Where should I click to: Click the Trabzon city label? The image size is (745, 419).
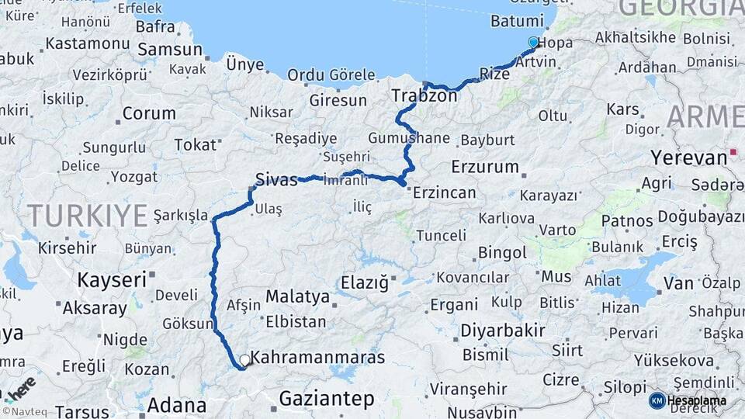point(424,96)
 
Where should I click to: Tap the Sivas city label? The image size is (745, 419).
point(276,180)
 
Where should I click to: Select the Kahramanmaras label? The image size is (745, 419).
point(319,358)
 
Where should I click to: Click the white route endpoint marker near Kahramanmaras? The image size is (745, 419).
point(244,360)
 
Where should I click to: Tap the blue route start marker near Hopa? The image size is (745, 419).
point(533,42)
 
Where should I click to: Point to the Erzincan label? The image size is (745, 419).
point(446,192)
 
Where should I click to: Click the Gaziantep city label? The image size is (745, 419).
point(326,399)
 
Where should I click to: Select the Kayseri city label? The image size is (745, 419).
point(113,279)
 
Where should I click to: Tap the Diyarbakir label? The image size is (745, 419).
point(503,331)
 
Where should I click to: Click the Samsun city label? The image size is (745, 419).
point(169,50)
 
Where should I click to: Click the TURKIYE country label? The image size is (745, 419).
point(87,215)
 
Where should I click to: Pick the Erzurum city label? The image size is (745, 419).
point(484,166)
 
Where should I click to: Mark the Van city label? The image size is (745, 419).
point(677,284)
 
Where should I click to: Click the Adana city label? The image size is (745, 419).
point(176,405)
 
